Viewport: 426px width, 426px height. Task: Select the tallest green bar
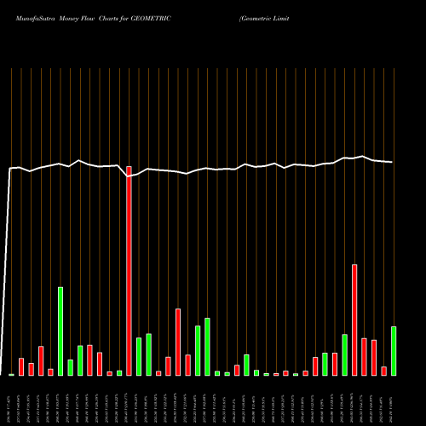point(60,331)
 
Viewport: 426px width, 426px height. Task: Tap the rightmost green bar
point(394,351)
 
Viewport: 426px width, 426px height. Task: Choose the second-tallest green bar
point(207,347)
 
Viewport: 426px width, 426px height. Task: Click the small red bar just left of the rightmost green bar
point(384,371)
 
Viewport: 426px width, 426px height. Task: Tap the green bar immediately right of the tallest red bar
point(139,357)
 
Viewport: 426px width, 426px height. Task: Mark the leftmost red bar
point(21,367)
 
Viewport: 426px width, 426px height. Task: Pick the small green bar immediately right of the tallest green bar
point(71,367)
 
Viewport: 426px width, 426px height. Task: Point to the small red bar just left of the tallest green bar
point(51,371)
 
